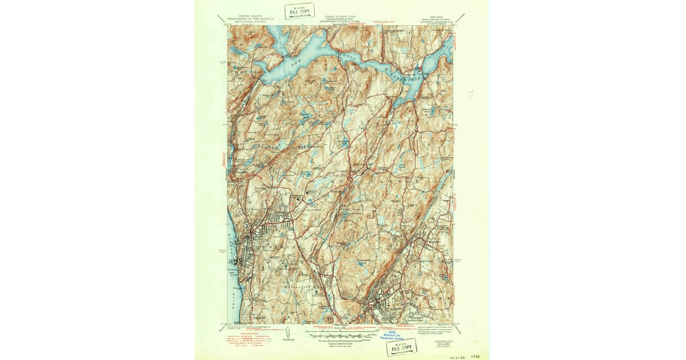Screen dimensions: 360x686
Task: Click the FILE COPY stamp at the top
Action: (x=300, y=11)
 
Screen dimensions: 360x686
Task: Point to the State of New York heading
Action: (x=340, y=19)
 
